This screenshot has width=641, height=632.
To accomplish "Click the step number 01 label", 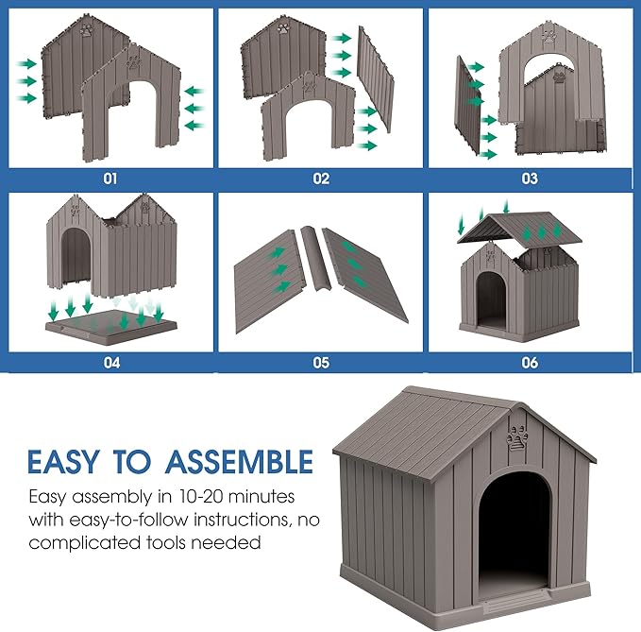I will pos(111,177).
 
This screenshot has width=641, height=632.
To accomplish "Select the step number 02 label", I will pos(321,177).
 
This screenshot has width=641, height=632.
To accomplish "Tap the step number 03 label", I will pos(529,177).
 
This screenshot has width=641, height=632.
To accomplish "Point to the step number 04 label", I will pos(111,361).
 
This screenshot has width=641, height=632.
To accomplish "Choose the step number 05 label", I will pos(321,361).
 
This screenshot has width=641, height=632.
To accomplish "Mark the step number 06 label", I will pos(529,361).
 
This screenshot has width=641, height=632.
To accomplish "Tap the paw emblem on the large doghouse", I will pos(515,440).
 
